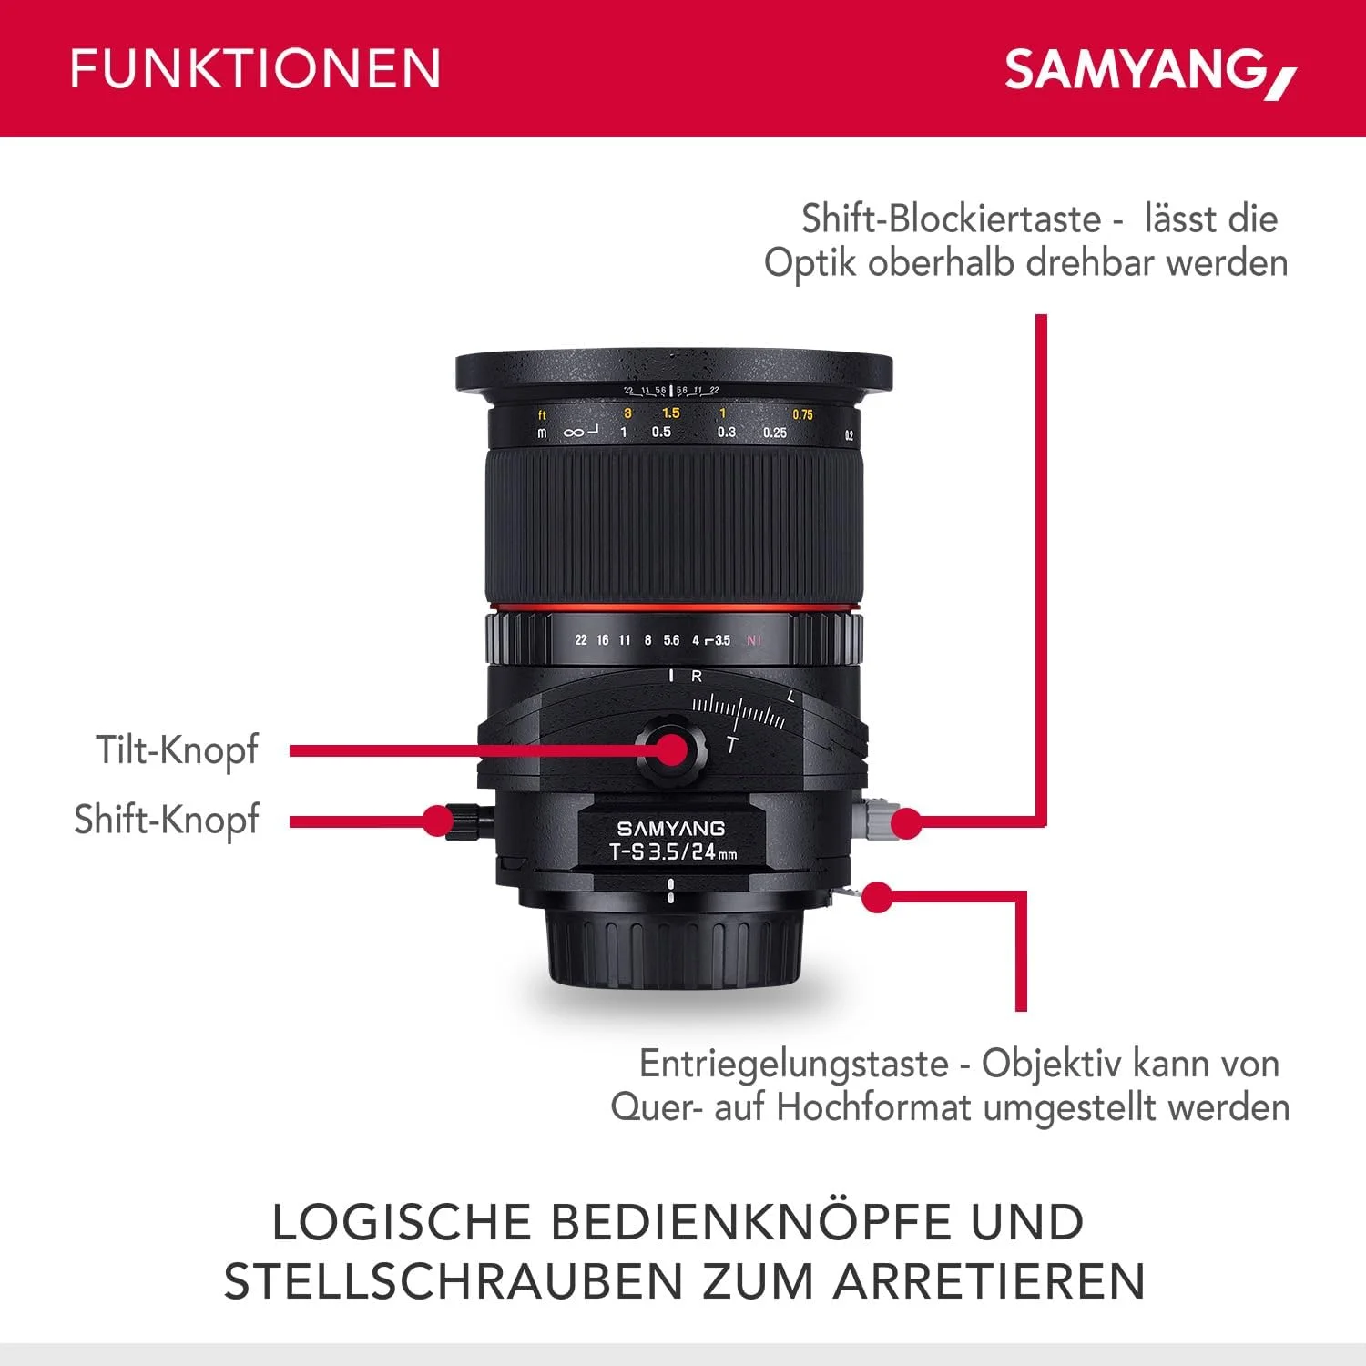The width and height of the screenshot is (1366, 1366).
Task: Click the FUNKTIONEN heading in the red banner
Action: pos(255,69)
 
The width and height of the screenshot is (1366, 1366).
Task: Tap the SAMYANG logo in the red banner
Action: pos(1149,71)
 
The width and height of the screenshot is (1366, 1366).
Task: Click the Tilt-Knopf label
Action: pos(178,751)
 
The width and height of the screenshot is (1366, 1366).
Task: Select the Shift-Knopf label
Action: pos(167,820)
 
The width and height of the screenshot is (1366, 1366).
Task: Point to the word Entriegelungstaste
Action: pos(793,1064)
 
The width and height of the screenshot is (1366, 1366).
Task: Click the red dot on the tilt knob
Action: pos(672,749)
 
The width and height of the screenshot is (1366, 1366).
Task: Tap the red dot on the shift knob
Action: pos(438,821)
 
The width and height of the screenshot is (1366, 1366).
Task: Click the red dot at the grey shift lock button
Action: pos(905,823)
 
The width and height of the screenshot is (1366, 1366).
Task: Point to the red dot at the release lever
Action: pos(876,898)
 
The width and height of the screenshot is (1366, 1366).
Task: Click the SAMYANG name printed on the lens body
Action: pos(671,829)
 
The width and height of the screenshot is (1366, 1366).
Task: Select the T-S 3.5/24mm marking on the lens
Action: pos(673,852)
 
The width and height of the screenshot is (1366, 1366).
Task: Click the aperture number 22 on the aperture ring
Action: pos(581,640)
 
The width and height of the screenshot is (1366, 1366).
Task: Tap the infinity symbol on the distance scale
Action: pos(574,433)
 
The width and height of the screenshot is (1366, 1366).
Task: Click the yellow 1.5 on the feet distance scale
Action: pos(671,413)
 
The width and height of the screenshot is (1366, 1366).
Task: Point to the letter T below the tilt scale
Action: pos(732,745)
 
